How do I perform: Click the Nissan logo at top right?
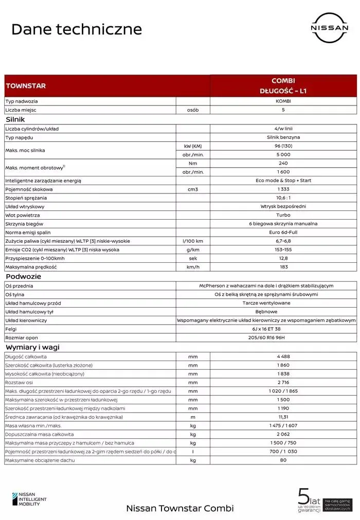330,28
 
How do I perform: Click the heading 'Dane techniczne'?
76,29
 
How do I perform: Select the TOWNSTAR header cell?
26,86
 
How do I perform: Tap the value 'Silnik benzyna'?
283,137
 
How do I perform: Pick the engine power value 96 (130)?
283,146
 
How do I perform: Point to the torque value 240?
283,163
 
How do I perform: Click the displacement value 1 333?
283,189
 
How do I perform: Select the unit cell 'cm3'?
193,189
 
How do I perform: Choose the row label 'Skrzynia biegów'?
24,224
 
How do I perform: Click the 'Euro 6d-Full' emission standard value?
283,232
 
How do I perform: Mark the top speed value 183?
283,267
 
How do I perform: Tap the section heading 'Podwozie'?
23,276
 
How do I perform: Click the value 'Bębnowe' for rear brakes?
266,312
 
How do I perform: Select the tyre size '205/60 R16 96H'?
266,338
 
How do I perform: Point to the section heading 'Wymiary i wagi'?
32,347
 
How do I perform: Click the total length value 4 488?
283,356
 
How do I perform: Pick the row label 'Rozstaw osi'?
19,382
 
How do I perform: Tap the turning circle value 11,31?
283,417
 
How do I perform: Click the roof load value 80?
283,460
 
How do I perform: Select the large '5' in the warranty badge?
303,496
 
